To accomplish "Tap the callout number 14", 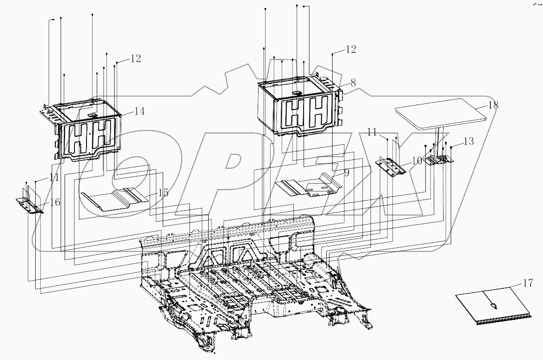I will (140, 111).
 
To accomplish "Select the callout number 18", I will (493, 106).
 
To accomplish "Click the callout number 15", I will (163, 193).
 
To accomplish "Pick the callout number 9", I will (346, 172).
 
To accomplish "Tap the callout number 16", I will (55, 202).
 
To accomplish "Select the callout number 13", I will (468, 142).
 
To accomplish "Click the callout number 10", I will (417, 160).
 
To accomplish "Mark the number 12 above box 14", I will (136, 58).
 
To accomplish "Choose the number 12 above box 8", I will (351, 49).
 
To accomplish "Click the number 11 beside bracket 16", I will (54, 177).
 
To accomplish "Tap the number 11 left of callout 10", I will (373, 132).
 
